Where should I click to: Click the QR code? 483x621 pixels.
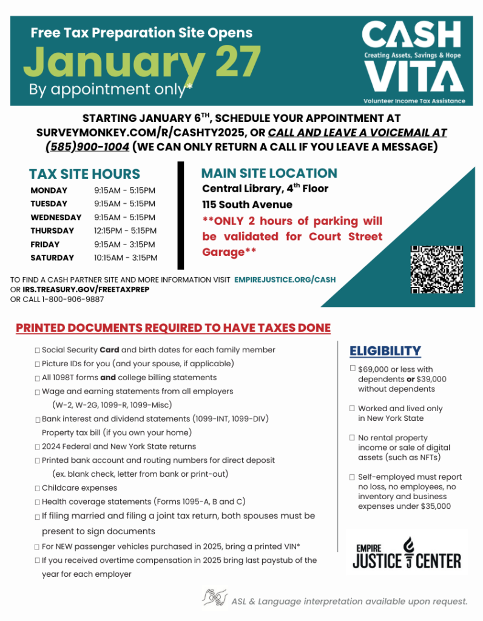(x=437, y=269)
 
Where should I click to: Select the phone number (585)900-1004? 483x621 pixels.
(x=87, y=147)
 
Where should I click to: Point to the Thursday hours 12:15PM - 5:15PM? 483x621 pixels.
(x=126, y=230)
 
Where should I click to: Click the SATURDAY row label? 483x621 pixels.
(x=52, y=258)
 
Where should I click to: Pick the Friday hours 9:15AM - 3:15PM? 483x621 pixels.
(x=126, y=244)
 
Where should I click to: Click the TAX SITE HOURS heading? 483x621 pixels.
(x=84, y=174)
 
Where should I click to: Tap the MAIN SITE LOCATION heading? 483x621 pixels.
(x=269, y=173)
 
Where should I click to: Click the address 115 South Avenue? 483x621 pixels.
(x=247, y=204)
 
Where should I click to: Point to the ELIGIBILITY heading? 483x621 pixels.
(x=385, y=351)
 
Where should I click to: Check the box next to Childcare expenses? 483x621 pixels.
(x=38, y=488)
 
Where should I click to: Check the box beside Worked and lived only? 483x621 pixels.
(x=353, y=409)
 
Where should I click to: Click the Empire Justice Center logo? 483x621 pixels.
(x=408, y=552)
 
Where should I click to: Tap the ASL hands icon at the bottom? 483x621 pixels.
(x=215, y=598)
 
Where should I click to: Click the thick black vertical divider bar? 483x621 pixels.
(x=180, y=215)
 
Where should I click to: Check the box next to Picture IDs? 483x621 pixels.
(x=38, y=364)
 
